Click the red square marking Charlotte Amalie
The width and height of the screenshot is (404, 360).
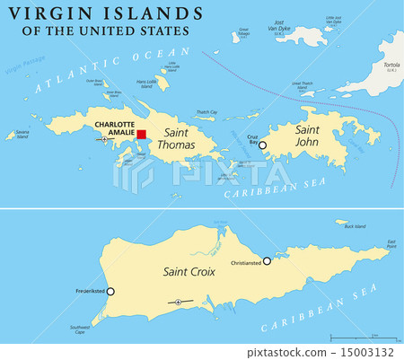(141, 134)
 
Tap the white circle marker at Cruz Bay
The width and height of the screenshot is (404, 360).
(263, 144)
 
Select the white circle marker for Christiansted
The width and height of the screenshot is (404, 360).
(266, 260)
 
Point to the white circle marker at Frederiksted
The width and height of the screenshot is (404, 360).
(110, 291)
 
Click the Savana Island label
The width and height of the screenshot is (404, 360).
(15, 135)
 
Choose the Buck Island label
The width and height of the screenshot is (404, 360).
(356, 226)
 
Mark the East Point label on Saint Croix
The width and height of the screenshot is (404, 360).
(391, 243)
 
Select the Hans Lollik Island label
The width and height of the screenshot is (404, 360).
(146, 83)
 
